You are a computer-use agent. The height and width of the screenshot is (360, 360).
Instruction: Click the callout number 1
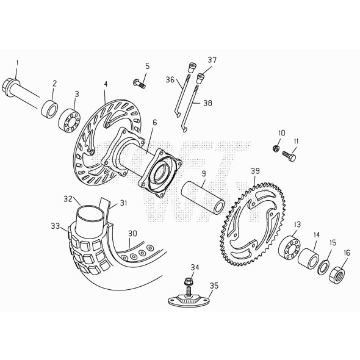click(x=17, y=63)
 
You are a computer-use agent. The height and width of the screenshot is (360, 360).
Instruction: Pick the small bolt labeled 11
click(x=289, y=156)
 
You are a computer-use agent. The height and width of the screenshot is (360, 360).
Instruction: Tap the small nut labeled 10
click(x=277, y=148)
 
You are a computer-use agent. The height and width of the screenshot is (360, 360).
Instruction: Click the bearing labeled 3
click(x=69, y=118)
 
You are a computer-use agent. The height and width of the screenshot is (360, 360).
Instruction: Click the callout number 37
click(x=212, y=60)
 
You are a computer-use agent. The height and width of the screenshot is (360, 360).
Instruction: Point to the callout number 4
click(x=105, y=84)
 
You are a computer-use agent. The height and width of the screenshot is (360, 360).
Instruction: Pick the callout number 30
click(x=132, y=233)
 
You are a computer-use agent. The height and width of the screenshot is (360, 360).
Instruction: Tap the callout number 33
click(x=55, y=226)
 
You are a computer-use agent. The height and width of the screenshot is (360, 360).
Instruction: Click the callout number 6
click(x=154, y=123)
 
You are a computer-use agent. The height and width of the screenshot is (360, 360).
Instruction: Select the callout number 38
click(x=207, y=104)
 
